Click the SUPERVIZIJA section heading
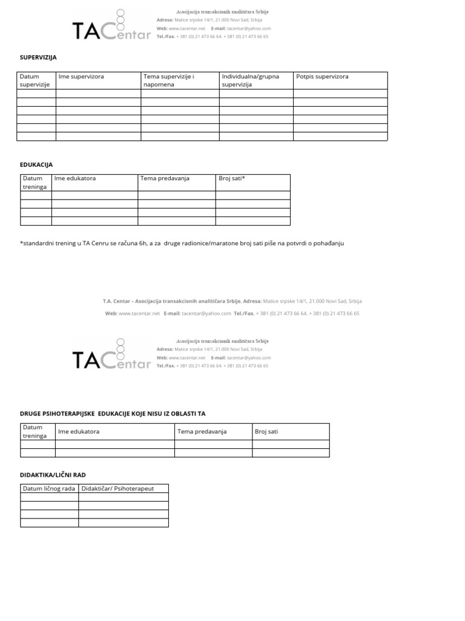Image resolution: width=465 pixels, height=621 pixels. (x=38, y=58)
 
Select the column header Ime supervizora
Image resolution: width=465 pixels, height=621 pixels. (x=81, y=77)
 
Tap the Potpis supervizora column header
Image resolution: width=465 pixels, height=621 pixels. (x=322, y=77)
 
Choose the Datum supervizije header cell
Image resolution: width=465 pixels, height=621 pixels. (x=35, y=81)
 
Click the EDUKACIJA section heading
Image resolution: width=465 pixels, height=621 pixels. (x=36, y=164)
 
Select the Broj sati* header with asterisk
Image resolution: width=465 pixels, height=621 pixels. (x=232, y=178)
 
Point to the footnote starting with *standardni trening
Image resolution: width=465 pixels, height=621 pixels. (x=182, y=244)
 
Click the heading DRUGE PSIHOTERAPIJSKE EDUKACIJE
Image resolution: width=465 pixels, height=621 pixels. (x=113, y=414)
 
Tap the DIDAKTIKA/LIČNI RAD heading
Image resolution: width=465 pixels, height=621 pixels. (x=58, y=474)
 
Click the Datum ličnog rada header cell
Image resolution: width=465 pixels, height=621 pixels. (x=48, y=489)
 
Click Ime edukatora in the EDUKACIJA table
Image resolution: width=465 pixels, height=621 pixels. (x=75, y=178)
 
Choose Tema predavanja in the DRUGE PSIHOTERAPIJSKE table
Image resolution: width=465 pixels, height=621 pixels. (x=202, y=431)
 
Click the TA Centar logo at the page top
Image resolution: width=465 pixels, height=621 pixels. (x=111, y=26)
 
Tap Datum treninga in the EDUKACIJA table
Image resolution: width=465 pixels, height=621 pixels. (x=35, y=183)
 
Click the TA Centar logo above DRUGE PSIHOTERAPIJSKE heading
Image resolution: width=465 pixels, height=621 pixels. (x=111, y=354)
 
